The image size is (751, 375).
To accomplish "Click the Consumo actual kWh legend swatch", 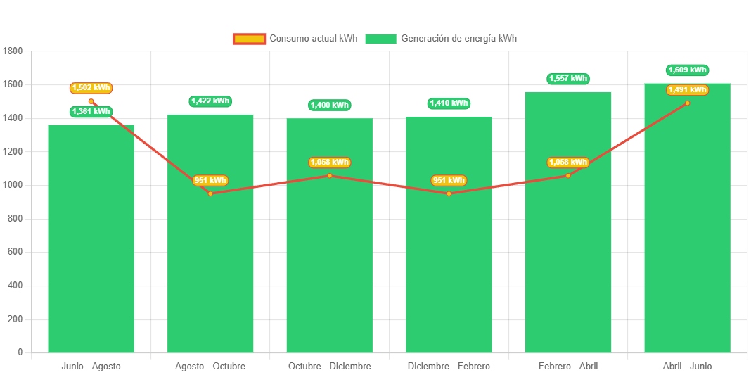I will click(250, 39).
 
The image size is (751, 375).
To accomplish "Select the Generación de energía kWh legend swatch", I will click(380, 39).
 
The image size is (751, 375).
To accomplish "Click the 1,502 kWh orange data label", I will click(91, 88).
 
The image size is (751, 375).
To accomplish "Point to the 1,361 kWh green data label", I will click(91, 111).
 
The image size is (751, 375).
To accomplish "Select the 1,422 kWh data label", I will click(210, 101).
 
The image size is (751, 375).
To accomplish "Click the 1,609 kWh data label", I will click(687, 70).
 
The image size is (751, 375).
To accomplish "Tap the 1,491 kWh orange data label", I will click(687, 90).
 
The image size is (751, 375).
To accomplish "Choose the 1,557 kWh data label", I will click(568, 79).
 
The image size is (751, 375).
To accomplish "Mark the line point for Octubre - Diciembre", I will click(330, 175).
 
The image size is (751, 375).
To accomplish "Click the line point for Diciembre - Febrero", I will click(449, 193).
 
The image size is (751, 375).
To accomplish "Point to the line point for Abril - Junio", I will click(687, 103).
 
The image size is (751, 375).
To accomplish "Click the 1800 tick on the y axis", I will click(13, 51).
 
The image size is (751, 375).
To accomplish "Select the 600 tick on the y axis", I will click(15, 252).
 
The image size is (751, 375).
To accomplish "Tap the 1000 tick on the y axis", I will click(13, 185).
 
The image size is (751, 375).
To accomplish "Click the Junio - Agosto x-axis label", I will click(91, 367).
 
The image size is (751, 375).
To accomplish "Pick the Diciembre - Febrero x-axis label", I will click(449, 367).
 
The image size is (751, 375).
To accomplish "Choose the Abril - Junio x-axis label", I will click(687, 367).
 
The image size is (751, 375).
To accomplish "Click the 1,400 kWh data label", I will click(330, 106).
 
